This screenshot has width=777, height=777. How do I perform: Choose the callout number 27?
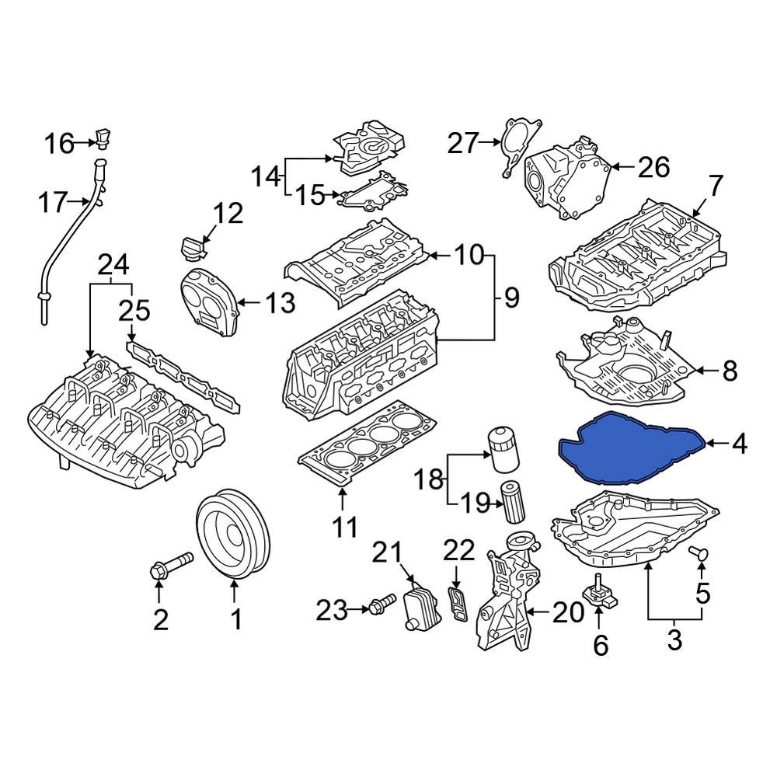(462, 143)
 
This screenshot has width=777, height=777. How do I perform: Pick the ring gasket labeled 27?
(516, 148)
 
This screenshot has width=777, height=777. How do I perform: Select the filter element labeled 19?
(514, 504)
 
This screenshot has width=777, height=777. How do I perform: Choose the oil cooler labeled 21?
(419, 607)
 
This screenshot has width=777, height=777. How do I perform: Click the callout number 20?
(567, 613)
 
